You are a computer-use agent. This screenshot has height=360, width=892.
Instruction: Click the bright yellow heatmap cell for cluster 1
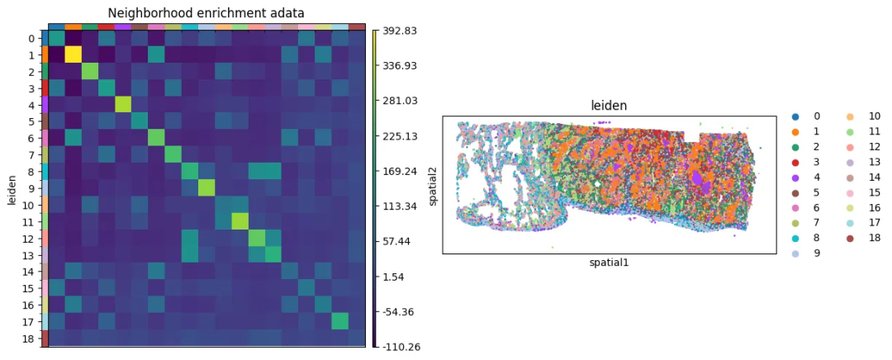tap(74, 55)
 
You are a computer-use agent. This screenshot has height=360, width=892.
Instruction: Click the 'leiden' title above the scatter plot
tap(609, 107)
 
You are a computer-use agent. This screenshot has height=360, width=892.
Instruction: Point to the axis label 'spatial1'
tap(610, 263)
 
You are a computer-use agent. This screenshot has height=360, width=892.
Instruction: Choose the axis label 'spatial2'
tap(434, 184)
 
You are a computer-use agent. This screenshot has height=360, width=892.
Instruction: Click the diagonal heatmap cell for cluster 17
tap(339, 321)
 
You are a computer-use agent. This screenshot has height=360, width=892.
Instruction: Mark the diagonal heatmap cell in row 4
tap(123, 105)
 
